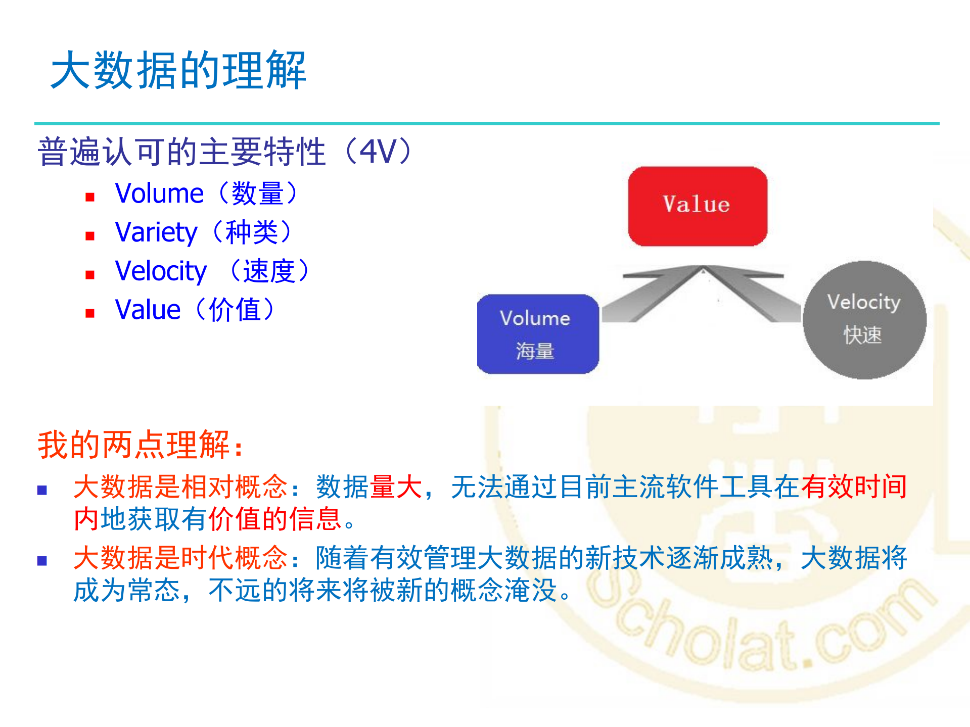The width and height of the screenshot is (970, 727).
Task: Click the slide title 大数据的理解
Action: (178, 70)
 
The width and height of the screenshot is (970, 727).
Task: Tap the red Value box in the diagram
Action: (697, 206)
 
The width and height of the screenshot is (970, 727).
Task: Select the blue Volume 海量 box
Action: (538, 334)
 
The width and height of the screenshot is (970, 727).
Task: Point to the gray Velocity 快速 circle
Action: (864, 320)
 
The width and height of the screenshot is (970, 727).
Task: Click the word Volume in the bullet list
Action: (159, 193)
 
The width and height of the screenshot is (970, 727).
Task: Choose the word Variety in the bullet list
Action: (156, 232)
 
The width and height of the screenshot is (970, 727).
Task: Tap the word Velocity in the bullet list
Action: (161, 271)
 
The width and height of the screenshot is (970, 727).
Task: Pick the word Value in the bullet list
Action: (148, 310)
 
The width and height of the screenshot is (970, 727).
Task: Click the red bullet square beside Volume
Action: (90, 197)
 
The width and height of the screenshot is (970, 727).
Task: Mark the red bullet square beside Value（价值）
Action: (90, 313)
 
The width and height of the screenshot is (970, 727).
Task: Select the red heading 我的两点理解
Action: (140, 445)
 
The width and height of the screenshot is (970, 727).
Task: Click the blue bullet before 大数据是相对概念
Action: (42, 490)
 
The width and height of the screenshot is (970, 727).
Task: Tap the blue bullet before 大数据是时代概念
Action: (42, 560)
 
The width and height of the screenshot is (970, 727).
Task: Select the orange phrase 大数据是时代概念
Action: (180, 558)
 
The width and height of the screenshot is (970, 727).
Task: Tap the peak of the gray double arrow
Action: (703, 269)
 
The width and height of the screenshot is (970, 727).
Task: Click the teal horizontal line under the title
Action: (486, 123)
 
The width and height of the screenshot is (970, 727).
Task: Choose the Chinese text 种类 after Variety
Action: (251, 232)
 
